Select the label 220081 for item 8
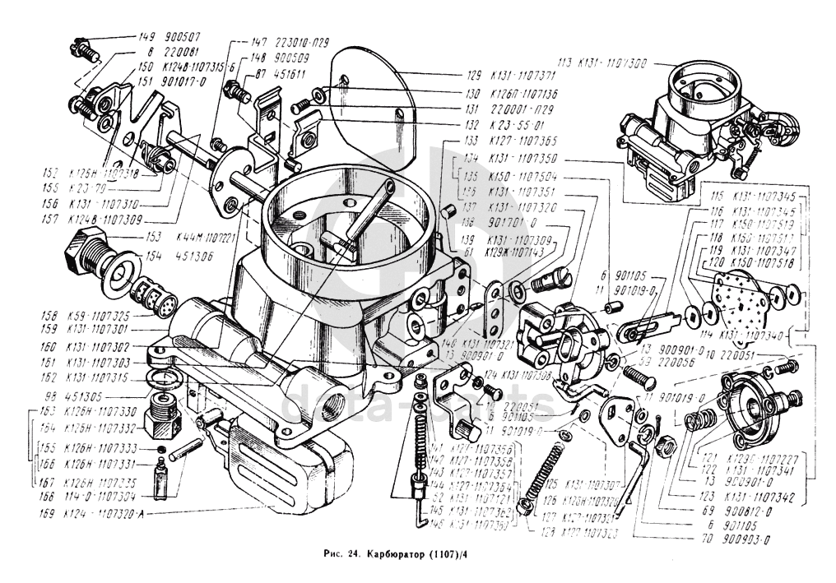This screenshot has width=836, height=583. click(183, 52)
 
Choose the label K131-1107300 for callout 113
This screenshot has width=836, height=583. click(612, 62)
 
